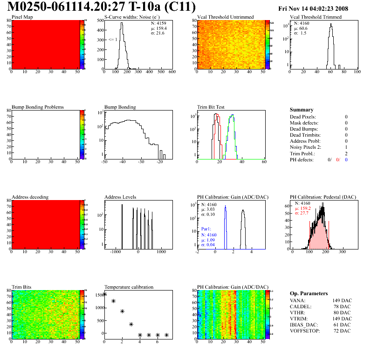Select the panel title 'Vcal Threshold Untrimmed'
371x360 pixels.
pyautogui.click(x=225, y=17)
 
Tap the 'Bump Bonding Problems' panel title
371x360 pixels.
pyautogui.click(x=38, y=107)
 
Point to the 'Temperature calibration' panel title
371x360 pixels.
pyautogui.click(x=129, y=287)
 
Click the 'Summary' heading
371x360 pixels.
pyautogui.click(x=302, y=110)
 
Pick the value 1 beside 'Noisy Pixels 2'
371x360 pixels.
pyautogui.click(x=346, y=147)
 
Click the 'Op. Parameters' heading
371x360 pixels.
pyautogui.click(x=309, y=293)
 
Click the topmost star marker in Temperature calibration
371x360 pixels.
pyautogui.click(x=104, y=294)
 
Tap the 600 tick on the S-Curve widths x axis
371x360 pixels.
pyautogui.click(x=172, y=72)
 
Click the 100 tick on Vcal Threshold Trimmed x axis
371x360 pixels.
pyautogui.click(x=357, y=72)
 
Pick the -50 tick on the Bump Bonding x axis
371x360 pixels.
pyautogui.click(x=104, y=162)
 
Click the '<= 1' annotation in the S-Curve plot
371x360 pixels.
pyautogui.click(x=112, y=40)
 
